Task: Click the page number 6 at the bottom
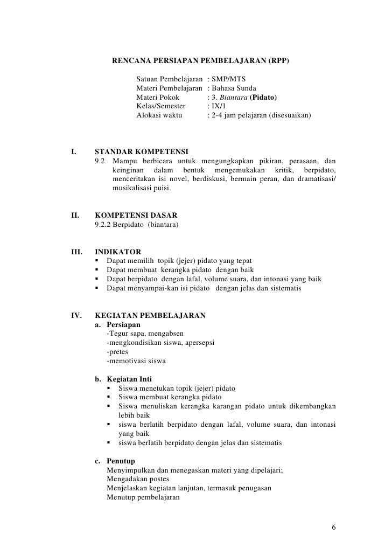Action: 334,526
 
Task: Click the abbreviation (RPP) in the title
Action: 277,61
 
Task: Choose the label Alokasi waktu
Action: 159,116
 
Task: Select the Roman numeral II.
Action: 76,215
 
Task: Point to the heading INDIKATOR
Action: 118,252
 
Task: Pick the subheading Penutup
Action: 121,461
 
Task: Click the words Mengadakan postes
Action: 138,479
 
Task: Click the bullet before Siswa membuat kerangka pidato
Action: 110,398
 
